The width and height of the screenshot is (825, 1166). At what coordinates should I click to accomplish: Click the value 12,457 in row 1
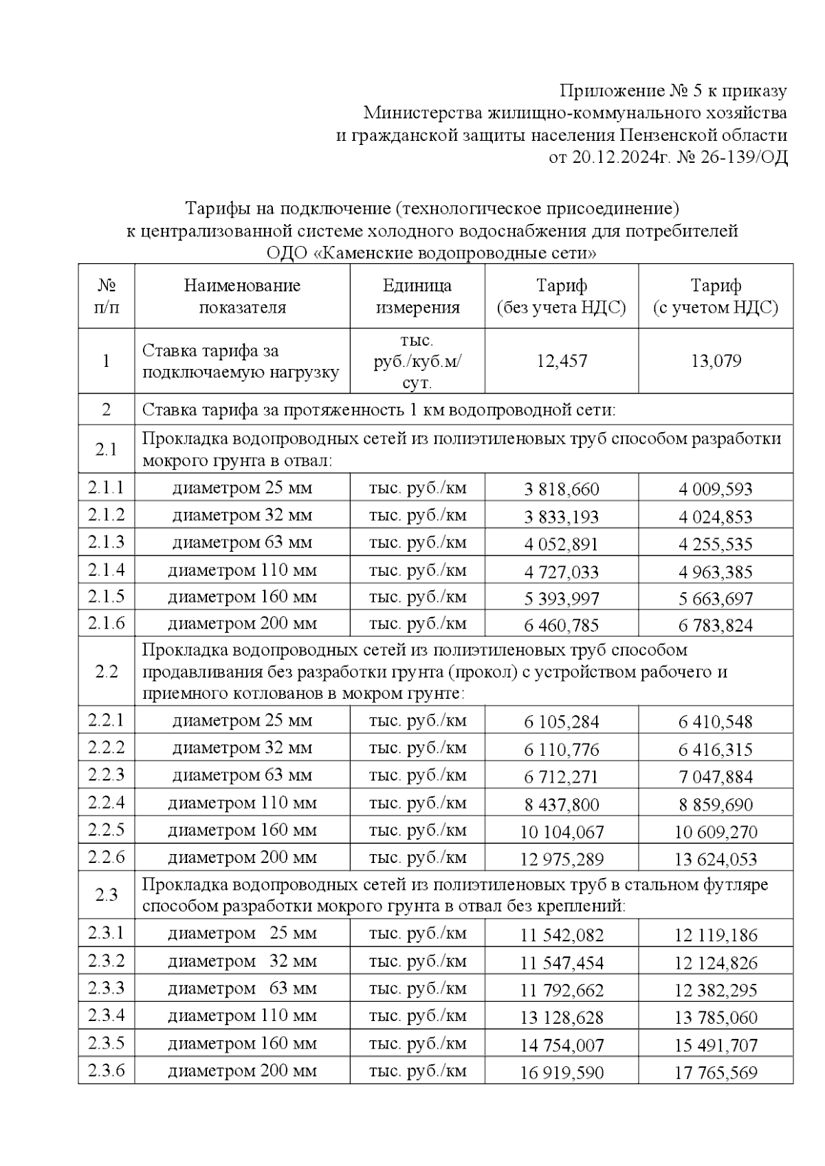click(x=561, y=361)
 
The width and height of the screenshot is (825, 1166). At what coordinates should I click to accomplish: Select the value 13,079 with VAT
click(x=716, y=361)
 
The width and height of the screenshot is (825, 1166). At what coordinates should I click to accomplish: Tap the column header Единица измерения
click(x=417, y=296)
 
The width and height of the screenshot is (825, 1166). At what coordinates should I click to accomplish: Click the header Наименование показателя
click(x=242, y=296)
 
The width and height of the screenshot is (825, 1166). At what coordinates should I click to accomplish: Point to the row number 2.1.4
click(x=107, y=570)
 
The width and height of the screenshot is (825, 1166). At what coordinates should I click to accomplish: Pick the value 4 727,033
click(x=561, y=572)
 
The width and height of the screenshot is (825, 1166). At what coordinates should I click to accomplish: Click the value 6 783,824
click(x=716, y=626)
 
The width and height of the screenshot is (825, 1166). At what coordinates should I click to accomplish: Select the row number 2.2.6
click(x=107, y=857)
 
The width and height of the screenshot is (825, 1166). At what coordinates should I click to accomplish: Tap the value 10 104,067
click(x=561, y=832)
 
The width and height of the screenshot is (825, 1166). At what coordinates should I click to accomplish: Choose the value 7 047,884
click(x=716, y=777)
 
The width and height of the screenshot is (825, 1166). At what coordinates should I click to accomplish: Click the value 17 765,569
click(x=716, y=1073)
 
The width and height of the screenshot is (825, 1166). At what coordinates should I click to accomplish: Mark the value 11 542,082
click(x=561, y=935)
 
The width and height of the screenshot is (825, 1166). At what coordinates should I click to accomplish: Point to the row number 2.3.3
click(x=107, y=989)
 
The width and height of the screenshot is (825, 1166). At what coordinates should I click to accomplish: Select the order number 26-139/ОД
click(x=746, y=157)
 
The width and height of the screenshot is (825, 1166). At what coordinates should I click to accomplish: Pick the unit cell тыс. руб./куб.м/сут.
click(x=417, y=361)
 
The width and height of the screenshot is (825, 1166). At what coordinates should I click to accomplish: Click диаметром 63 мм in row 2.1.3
click(x=242, y=543)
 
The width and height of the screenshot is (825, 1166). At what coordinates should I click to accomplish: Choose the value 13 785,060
click(x=716, y=1018)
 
